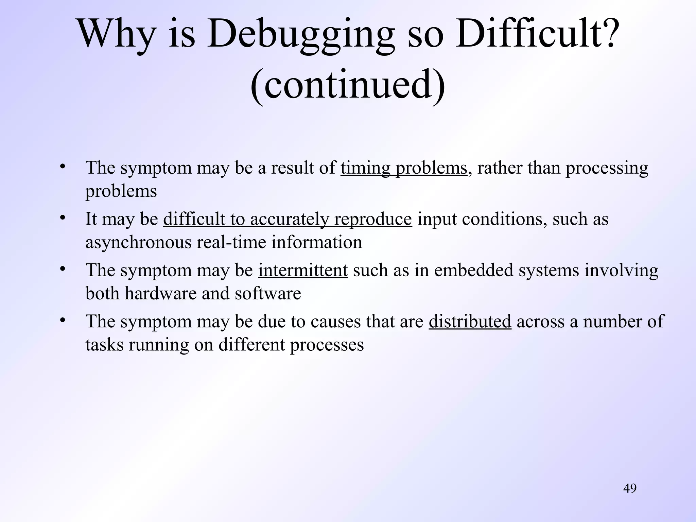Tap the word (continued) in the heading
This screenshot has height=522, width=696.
(348, 85)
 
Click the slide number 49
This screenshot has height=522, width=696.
(630, 488)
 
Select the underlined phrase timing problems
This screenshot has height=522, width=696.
(404, 168)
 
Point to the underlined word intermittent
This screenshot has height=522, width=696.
(303, 271)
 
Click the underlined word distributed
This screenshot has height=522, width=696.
(470, 321)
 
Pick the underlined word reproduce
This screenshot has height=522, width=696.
(373, 219)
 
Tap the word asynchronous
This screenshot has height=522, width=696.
(139, 243)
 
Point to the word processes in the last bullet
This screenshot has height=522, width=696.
(327, 345)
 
